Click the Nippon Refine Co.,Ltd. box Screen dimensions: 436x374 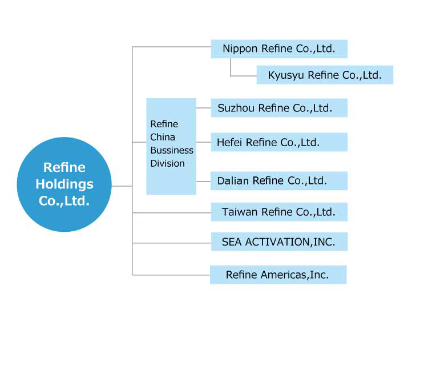tap(279, 49)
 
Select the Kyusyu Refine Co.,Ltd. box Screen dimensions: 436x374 tap(325, 75)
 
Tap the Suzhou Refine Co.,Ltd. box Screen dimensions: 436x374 tap(279, 108)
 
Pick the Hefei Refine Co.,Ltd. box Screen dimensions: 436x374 tap(279, 142)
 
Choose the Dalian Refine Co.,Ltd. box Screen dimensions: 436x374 tap(279, 181)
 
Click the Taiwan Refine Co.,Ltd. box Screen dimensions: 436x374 tap(279, 212)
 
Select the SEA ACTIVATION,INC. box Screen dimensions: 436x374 tap(280, 242)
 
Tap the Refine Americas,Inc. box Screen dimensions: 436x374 tap(278, 275)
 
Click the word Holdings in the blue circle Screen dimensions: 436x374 tap(64, 185)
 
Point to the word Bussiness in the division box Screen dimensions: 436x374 tap(172, 150)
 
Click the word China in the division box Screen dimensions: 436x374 tap(163, 137)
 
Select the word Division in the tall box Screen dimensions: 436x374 tap(167, 163)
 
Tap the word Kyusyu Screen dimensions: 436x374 tap(286, 75)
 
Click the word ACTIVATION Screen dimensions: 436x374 tap(278, 242)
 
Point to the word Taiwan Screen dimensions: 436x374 tap(240, 212)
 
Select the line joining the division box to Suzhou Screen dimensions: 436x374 tap(204, 108)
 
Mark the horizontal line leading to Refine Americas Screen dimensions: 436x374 tap(171, 275)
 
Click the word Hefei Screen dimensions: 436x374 tap(229, 143)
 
